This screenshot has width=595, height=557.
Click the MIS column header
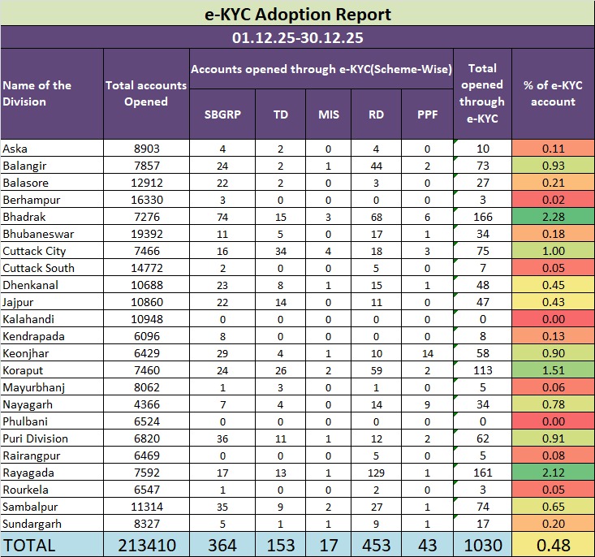329,114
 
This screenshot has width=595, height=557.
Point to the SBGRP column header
222,114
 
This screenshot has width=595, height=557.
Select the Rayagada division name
27,473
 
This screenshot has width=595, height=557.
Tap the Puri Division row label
36,438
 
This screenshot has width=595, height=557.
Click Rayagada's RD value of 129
376,473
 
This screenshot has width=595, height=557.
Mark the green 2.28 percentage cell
553,217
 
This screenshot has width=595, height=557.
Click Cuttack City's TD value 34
281,251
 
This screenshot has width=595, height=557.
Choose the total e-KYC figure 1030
482,544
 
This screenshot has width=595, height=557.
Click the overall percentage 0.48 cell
553,544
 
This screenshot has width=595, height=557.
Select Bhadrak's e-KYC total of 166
482,217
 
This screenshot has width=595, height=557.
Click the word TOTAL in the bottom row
29,544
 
